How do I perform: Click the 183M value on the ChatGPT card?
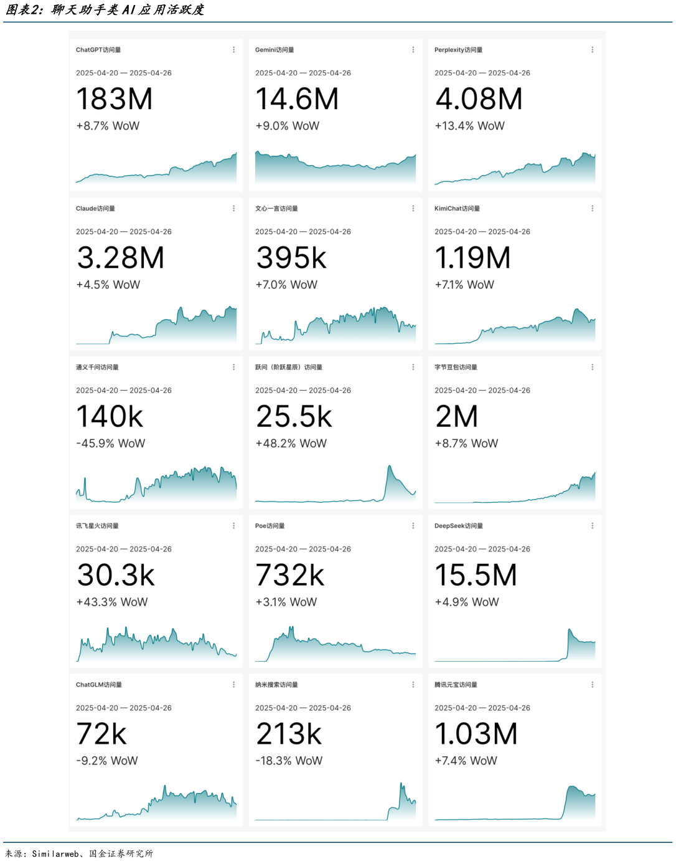(x=115, y=99)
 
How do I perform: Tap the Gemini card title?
(x=275, y=50)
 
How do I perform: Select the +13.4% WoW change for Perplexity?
(x=469, y=126)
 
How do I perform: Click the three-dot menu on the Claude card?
(x=234, y=209)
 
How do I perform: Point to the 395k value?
(x=291, y=258)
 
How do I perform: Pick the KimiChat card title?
(x=457, y=209)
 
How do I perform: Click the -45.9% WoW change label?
(x=110, y=444)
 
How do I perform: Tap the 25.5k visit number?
(x=294, y=417)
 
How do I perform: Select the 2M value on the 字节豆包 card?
(x=456, y=417)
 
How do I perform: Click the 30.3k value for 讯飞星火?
(x=116, y=575)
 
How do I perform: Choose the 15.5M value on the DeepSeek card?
(x=476, y=575)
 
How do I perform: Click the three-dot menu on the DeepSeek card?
(x=593, y=526)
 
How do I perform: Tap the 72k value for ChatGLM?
(x=101, y=734)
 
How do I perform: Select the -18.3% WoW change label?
(x=289, y=761)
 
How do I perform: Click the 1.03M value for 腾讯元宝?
(x=476, y=734)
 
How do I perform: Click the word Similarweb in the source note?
(x=55, y=854)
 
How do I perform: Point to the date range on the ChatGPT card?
(x=124, y=73)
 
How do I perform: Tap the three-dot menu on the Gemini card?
(x=413, y=50)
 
